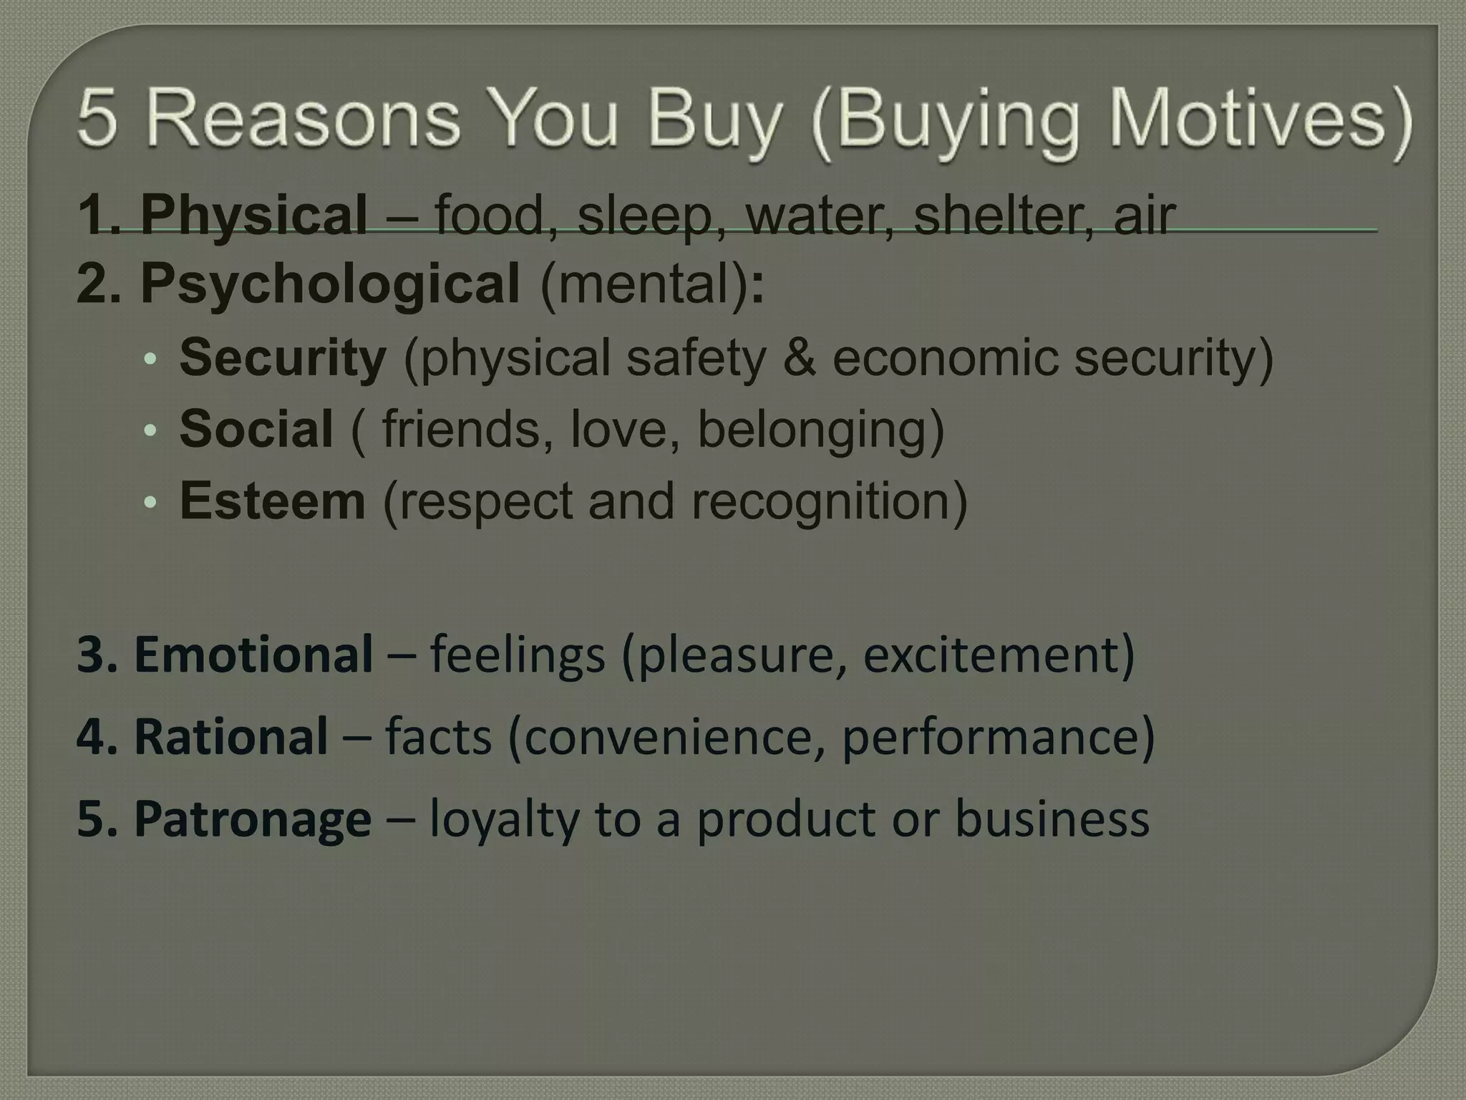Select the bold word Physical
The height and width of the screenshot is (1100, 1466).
click(253, 214)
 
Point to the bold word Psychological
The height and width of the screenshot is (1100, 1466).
click(330, 283)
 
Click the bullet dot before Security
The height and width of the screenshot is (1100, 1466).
click(149, 358)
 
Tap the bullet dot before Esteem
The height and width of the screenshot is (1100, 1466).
click(149, 502)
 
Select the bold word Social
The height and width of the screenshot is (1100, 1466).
click(256, 429)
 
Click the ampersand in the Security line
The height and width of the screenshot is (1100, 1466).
click(799, 357)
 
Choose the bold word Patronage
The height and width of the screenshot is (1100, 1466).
click(252, 819)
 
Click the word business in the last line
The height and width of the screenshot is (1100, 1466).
click(1052, 819)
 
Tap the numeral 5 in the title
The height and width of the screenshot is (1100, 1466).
click(97, 118)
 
